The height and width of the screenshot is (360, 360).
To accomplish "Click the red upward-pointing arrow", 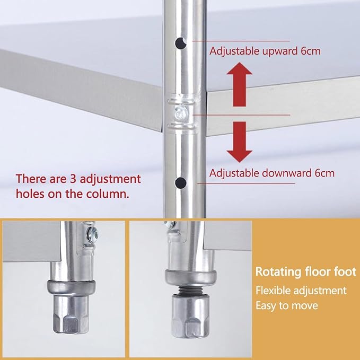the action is click(x=239, y=84).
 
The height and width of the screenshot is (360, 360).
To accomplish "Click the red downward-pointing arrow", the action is click(x=240, y=142).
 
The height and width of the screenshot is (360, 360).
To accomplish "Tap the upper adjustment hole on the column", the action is click(x=181, y=43).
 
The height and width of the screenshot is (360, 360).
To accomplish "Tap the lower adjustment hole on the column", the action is click(x=181, y=183).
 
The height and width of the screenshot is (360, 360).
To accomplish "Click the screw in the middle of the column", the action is click(x=180, y=113).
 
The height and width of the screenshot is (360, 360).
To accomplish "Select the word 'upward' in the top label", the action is click(x=280, y=51).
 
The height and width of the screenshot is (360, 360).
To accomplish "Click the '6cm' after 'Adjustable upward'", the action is click(x=311, y=51).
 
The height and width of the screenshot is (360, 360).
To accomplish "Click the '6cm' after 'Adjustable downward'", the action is click(x=324, y=173).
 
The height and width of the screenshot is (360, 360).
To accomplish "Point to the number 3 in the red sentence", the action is click(x=73, y=179).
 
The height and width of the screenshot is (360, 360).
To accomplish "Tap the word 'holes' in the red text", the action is click(x=30, y=194).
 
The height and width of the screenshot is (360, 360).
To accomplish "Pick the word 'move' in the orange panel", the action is click(x=308, y=306).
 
